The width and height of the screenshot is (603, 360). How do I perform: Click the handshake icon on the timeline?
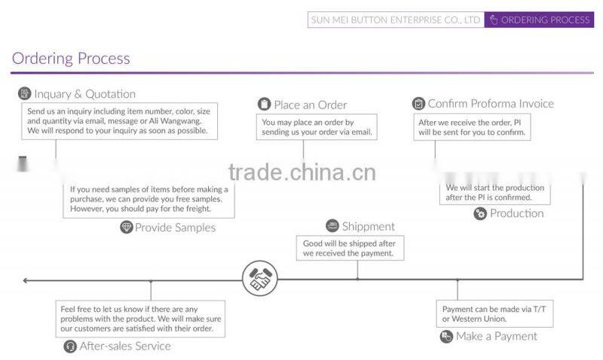coord(260,278)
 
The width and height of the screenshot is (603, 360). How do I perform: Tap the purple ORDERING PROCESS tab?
coord(539,20)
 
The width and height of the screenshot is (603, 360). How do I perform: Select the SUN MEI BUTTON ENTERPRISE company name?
coord(396,20)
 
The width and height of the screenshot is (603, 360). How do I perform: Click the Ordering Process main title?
coord(71,59)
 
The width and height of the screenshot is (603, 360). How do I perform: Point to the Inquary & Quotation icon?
coord(25,93)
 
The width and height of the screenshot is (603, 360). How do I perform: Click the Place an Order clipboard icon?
coord(265,104)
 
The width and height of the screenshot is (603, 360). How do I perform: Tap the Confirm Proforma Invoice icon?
coord(418,103)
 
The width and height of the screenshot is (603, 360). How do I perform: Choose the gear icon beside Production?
coord(480,214)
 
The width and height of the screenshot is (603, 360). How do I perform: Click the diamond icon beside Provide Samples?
coord(126,227)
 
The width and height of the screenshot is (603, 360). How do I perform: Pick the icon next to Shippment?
coord(332,226)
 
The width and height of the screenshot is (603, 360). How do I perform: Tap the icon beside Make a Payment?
coord(446,337)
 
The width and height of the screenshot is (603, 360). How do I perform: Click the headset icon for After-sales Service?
coord(70,346)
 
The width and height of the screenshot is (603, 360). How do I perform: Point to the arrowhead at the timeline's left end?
coord(25,280)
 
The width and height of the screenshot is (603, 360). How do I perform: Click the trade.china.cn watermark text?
coord(302,172)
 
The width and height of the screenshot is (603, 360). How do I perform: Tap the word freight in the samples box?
coord(198,209)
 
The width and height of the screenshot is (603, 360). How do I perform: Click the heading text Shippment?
coord(369,226)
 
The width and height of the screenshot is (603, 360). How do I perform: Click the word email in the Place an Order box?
coord(361,132)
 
